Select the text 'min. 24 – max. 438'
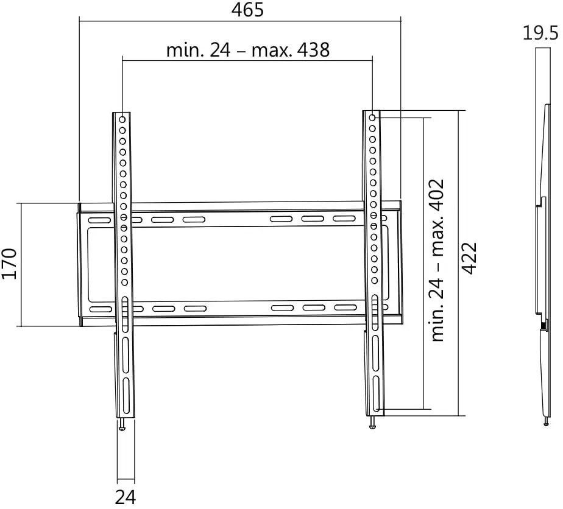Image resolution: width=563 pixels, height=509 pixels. click(248, 49)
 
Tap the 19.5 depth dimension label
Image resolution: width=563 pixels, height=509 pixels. click(540, 32)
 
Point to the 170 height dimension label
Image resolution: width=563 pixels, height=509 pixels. click(9, 264)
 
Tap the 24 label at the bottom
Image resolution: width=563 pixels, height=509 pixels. click(126, 497)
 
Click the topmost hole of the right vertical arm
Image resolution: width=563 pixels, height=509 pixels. click(372, 116)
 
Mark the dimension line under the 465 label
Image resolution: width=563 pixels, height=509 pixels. click(240, 21)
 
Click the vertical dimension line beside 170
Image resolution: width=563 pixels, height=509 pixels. click(22, 264)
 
